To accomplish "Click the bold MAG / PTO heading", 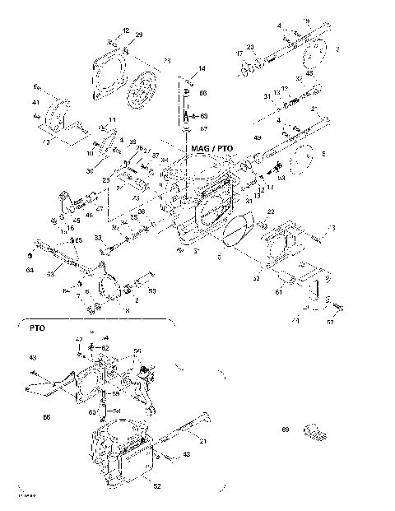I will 211,149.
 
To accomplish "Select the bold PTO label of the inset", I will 37,328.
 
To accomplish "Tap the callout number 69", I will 286,430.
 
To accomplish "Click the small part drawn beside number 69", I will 314,430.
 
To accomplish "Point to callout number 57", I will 331,323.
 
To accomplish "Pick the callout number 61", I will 278,291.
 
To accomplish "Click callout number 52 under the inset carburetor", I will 156,485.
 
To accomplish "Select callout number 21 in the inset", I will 203,443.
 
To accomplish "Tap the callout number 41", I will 35,103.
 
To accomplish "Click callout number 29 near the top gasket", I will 139,35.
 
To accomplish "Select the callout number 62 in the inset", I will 105,348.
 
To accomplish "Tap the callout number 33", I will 98,237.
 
